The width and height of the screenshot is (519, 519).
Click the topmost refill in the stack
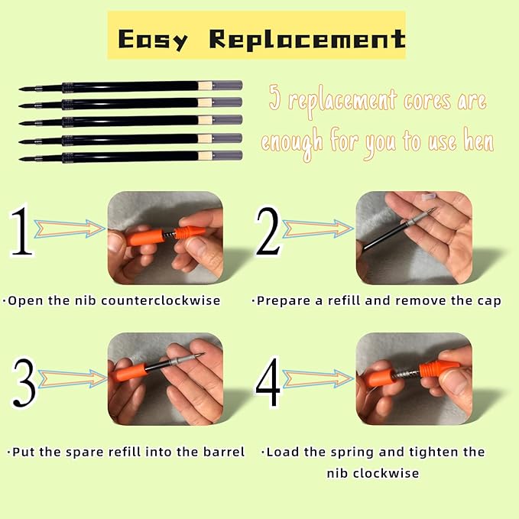[x=130, y=86]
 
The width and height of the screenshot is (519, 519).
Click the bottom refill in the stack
[x=130, y=156]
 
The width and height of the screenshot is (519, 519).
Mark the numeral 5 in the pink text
[x=274, y=100]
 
